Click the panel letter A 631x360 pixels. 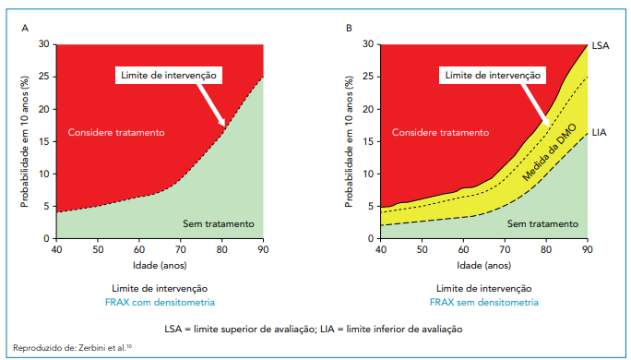[24, 28]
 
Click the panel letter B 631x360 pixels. [349, 28]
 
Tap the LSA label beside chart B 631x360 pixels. [601, 45]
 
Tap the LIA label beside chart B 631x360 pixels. [600, 132]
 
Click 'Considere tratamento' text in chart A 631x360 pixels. [116, 133]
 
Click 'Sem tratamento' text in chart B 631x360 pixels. [543, 224]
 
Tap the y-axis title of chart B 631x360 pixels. [351, 141]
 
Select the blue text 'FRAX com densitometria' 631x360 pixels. [160, 301]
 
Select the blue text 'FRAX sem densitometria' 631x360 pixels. [484, 301]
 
